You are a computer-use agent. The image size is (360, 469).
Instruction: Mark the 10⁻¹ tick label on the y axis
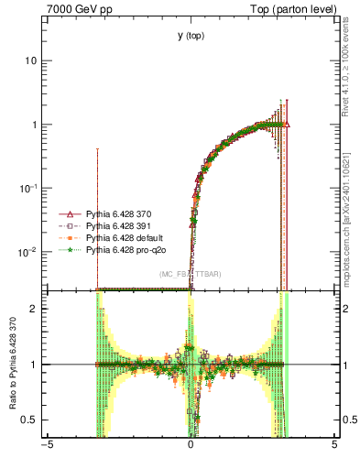coord(31,188)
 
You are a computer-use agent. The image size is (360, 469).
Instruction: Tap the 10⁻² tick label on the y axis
coord(31,251)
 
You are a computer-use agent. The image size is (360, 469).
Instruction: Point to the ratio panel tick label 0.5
coord(33,420)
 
